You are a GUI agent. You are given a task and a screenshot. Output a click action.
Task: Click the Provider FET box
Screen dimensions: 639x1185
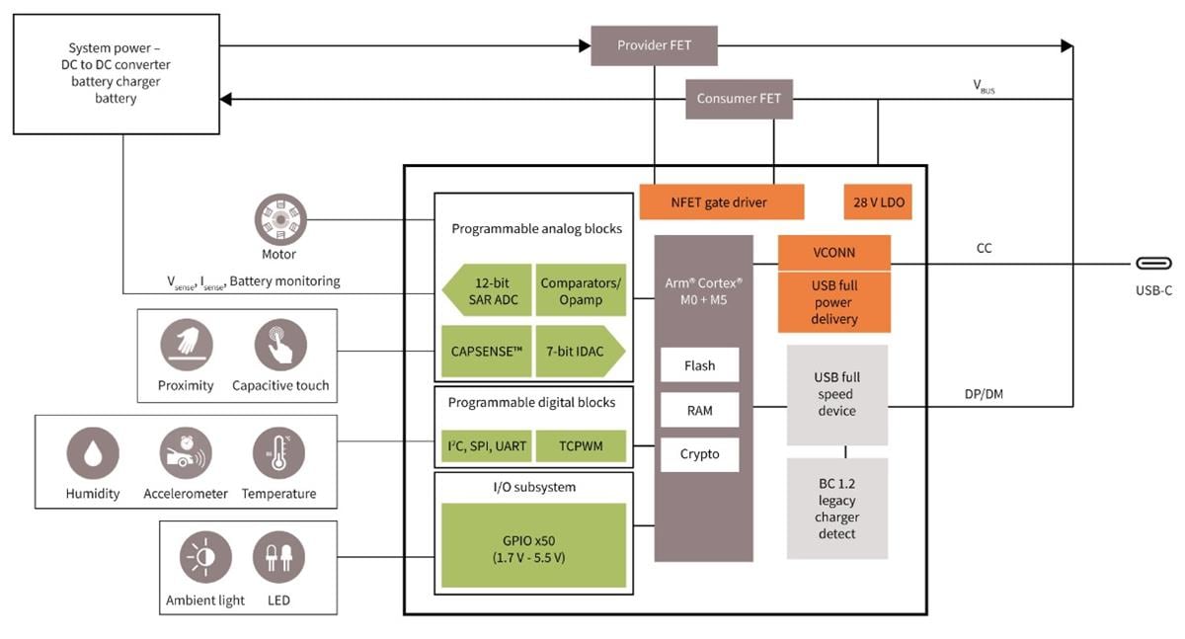[x=654, y=45]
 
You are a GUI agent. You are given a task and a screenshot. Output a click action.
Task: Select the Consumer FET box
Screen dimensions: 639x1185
[x=739, y=98]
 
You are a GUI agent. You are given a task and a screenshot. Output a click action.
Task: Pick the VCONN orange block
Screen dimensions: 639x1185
[x=834, y=252]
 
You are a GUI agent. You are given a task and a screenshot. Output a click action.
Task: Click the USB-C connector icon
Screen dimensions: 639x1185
[x=1152, y=264]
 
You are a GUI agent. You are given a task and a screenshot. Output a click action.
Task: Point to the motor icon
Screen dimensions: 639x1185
[x=280, y=218]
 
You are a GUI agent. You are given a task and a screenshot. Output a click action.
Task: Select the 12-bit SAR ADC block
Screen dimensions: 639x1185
[x=487, y=289]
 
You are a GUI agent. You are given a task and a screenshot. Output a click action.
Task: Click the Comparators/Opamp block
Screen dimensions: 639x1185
[x=581, y=289]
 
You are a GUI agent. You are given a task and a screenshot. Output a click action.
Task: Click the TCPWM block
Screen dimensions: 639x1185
[x=581, y=445]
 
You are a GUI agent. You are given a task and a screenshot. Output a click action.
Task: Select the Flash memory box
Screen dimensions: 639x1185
[x=699, y=365]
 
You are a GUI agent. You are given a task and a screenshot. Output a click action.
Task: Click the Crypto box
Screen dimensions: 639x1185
[x=699, y=454]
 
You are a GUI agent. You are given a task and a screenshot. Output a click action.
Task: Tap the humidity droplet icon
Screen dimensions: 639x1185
[x=93, y=454]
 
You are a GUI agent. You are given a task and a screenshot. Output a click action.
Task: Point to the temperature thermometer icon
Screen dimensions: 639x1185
[x=278, y=454]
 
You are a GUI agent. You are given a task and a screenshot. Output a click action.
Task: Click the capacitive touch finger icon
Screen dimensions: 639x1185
[x=280, y=345]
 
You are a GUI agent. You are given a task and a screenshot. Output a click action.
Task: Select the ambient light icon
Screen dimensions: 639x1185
[x=205, y=558]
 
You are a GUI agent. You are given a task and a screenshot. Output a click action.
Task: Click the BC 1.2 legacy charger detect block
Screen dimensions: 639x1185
[x=836, y=509]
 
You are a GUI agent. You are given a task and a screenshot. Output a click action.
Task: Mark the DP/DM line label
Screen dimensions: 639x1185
[x=985, y=393]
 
